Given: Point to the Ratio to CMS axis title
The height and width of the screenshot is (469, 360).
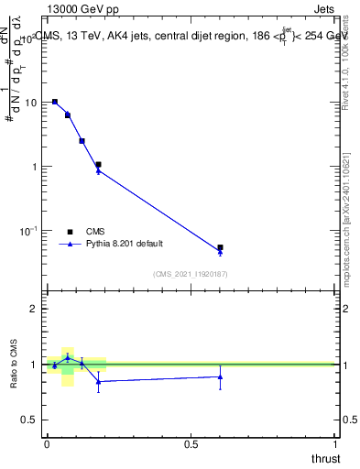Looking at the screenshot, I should point(15,364).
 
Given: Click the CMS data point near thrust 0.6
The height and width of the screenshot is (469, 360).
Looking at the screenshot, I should point(220,247).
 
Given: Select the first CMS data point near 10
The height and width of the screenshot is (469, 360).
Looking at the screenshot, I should point(55,102).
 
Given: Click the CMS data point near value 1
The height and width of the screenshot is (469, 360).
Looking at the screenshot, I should point(98,165).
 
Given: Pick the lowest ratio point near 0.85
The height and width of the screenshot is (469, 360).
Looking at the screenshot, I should point(98,381).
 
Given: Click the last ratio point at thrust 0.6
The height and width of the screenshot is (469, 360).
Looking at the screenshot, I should point(220,376).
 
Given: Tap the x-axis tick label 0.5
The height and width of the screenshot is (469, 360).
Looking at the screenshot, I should point(191,442).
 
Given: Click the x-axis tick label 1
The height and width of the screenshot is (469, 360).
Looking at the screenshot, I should point(335,442).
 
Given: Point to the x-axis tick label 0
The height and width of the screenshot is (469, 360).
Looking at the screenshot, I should point(47,442).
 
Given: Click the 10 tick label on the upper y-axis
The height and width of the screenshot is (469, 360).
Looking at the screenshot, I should point(30,103).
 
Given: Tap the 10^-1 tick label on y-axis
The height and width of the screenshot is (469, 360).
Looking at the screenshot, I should point(27,230).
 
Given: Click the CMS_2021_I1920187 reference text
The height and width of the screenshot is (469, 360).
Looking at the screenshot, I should point(191,273).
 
